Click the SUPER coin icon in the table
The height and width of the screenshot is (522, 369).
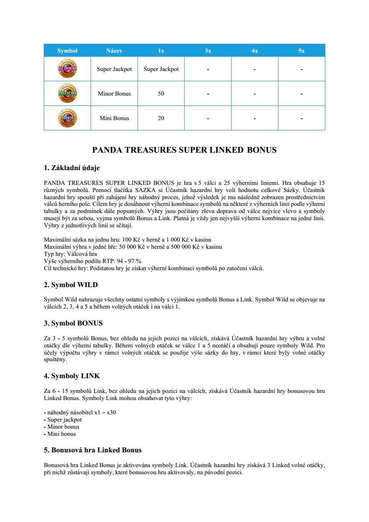(x=67, y=69)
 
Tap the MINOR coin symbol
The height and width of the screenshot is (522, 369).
(x=67, y=93)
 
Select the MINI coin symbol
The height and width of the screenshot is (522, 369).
(x=67, y=118)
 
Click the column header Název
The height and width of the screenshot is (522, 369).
(x=114, y=51)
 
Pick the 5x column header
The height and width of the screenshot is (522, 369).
(x=302, y=51)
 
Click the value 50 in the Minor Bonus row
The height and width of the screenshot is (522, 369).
(x=161, y=94)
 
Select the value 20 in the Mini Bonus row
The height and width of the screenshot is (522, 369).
(x=161, y=118)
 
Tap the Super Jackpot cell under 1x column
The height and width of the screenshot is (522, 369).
(x=161, y=69)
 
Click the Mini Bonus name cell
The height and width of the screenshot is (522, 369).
(x=114, y=118)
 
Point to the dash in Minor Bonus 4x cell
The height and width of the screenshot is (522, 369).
(x=254, y=94)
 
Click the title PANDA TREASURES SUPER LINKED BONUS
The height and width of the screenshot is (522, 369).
(x=184, y=150)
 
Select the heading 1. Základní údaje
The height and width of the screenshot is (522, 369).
(x=72, y=168)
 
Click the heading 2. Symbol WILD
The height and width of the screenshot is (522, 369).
(x=70, y=285)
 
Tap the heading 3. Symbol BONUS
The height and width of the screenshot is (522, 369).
(x=73, y=323)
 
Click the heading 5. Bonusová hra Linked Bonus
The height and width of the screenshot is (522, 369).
(x=93, y=450)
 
